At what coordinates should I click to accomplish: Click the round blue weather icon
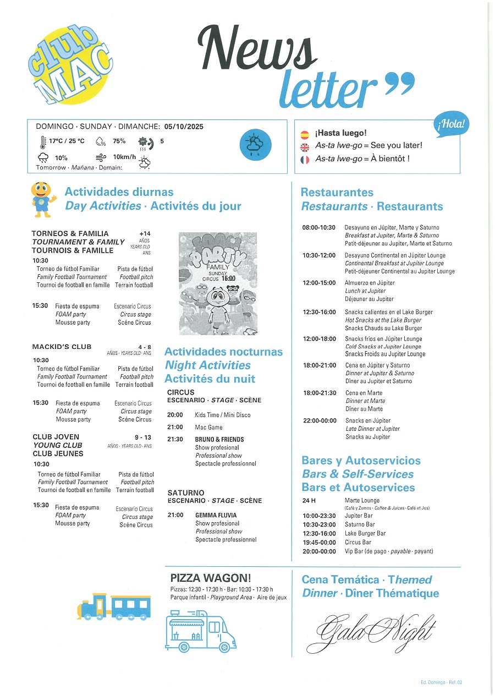click(255, 145)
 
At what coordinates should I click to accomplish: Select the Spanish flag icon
click(305, 134)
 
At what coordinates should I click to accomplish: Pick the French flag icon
click(305, 160)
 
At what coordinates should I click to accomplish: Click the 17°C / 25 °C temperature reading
click(67, 141)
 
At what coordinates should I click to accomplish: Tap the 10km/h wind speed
click(124, 157)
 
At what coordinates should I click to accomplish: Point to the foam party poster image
click(218, 283)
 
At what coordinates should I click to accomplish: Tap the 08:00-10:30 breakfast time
click(319, 227)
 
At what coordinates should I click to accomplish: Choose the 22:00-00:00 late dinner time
click(320, 420)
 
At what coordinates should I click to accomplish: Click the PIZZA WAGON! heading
click(211, 578)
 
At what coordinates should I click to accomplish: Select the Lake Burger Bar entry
click(365, 533)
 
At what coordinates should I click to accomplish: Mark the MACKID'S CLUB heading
click(62, 347)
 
